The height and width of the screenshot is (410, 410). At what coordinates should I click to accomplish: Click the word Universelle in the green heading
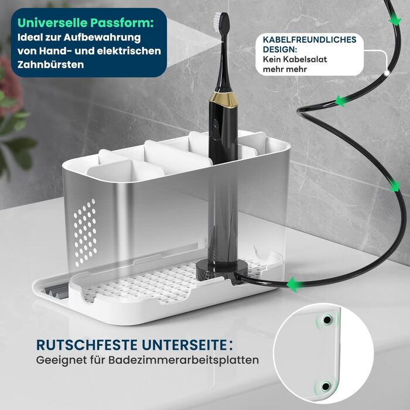coord(53,23)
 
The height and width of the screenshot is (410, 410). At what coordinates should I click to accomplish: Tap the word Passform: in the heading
coord(122,23)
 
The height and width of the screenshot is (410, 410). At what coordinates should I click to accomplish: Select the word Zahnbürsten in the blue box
coord(51,64)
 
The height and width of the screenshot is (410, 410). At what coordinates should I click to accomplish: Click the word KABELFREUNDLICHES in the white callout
coord(310,39)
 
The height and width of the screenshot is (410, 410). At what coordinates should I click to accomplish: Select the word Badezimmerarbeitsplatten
coord(183,360)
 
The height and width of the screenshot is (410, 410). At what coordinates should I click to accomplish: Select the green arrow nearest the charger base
coord(293,285)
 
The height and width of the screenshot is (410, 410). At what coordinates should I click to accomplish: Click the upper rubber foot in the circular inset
coord(327,320)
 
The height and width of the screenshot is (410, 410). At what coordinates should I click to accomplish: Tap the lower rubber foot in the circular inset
coord(326,386)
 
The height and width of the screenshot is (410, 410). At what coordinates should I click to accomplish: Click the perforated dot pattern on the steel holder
coord(86,233)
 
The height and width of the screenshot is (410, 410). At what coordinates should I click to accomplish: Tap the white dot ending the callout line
coord(387,73)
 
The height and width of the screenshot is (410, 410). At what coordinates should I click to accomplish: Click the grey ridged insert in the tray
coord(57,291)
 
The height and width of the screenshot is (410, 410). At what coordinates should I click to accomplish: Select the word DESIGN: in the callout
coord(280,49)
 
